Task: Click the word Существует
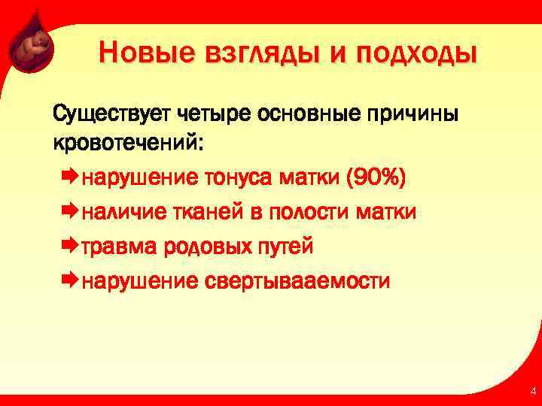tap(112, 114)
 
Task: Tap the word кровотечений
tap(128, 142)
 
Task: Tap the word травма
tap(117, 247)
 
